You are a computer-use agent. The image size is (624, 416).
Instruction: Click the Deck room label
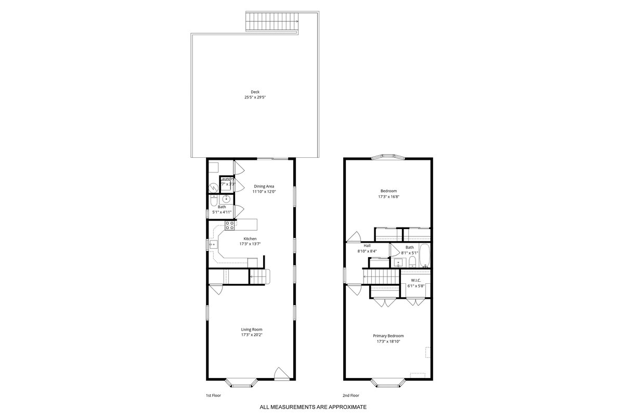click(x=255, y=92)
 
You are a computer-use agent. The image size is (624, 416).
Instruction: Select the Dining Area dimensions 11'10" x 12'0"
click(x=264, y=192)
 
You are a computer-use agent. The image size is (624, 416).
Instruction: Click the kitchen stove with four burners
click(x=229, y=225)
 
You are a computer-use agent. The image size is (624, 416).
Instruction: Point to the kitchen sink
click(x=212, y=243)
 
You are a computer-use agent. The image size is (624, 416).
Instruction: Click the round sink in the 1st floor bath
click(x=227, y=199)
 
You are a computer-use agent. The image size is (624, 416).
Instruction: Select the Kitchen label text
click(x=250, y=238)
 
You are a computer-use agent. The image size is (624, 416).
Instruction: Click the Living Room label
click(x=252, y=329)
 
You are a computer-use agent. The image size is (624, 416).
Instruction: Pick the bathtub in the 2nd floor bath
click(x=424, y=256)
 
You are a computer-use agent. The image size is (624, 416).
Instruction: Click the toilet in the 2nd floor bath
click(x=412, y=260)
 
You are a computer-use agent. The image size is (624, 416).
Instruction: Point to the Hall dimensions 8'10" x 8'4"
click(x=367, y=251)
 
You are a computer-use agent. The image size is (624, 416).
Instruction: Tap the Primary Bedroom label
click(x=388, y=336)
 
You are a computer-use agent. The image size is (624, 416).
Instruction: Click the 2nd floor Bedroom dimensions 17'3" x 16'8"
click(x=388, y=197)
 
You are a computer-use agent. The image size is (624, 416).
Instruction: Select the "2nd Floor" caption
click(x=350, y=396)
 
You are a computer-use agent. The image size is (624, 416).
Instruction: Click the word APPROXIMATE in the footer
click(x=344, y=407)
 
